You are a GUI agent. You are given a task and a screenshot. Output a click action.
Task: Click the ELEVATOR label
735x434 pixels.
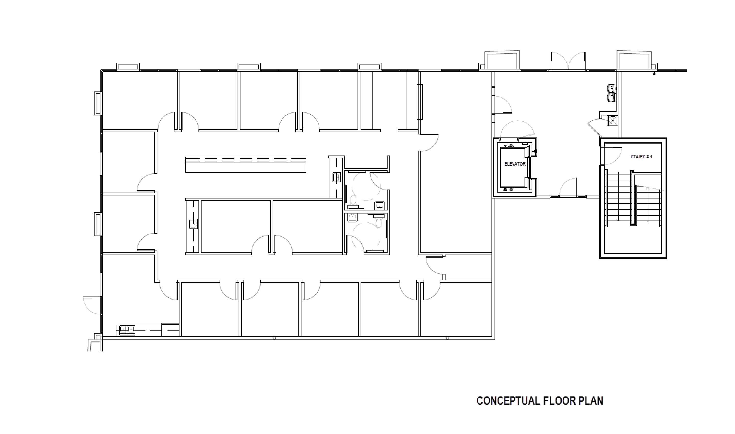click(515, 164)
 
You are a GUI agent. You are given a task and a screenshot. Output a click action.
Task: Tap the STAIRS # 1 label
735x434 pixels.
click(641, 157)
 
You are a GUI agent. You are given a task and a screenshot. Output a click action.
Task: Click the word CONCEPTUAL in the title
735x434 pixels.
click(508, 401)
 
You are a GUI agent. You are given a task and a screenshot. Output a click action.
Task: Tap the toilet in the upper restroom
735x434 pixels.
click(353, 200)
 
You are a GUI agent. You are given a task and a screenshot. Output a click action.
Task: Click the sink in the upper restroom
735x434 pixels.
click(379, 205)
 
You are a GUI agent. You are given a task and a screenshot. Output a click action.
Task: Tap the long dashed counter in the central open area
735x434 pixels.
click(246, 165)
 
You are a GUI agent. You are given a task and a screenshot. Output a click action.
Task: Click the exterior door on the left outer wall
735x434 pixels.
click(92, 306)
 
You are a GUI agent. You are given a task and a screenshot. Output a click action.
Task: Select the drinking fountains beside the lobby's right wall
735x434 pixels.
click(612, 93)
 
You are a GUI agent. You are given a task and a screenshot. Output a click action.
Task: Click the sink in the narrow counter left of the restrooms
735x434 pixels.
click(336, 177)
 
